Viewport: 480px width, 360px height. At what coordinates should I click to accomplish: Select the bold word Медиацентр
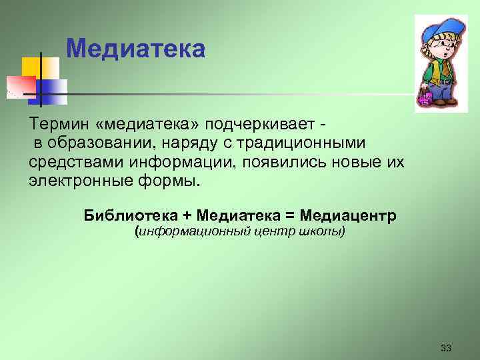pos(348,216)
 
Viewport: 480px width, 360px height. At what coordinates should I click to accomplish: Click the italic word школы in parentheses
pos(322,233)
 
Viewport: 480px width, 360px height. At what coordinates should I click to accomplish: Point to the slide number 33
pos(446,347)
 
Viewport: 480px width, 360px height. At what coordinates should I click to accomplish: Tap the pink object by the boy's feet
pos(423,101)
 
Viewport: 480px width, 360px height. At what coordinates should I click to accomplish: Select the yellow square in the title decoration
pos(31,67)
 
